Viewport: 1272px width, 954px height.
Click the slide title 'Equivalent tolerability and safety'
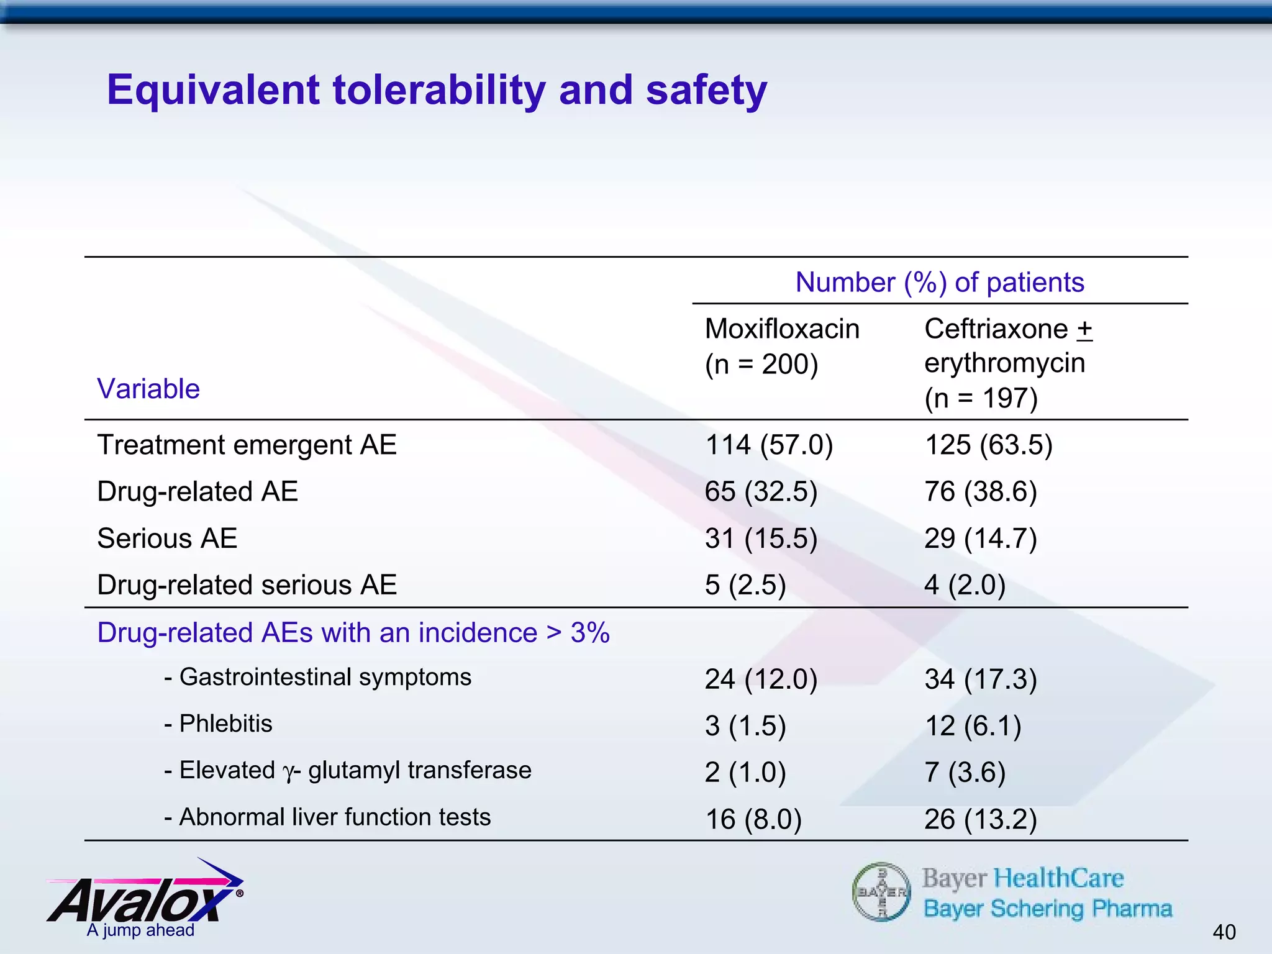437,91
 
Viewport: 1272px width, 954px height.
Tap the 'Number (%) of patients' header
939,283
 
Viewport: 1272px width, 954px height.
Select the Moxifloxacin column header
782,329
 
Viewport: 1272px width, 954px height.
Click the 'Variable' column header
148,389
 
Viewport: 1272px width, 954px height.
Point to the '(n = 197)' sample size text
981,398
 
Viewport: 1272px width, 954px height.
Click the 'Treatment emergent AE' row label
247,445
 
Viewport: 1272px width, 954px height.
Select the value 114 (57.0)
768,445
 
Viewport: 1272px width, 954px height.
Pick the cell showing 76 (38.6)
980,492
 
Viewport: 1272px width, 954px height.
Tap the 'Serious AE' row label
167,538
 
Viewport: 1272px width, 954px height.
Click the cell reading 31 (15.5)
761,538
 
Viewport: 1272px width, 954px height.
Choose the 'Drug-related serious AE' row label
247,585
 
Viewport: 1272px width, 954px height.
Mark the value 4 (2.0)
965,585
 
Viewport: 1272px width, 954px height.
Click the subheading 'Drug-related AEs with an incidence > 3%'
353,633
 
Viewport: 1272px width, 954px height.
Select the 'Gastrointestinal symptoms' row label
325,677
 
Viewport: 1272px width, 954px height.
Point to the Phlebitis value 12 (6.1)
973,726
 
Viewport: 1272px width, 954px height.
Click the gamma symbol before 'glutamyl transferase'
288,773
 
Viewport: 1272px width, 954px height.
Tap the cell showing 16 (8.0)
753,820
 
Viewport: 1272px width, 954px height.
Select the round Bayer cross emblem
881,892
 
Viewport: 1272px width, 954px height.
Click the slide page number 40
1224,932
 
